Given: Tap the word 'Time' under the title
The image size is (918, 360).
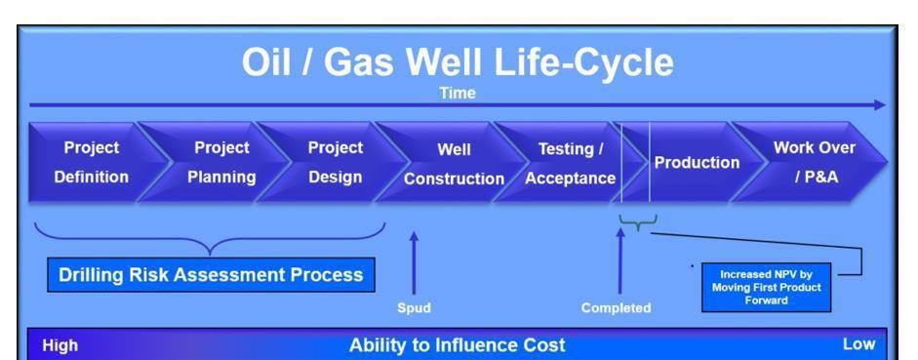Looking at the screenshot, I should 458,94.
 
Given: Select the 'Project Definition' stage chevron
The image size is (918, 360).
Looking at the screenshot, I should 91,162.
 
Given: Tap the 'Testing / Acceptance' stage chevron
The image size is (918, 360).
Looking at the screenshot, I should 571,163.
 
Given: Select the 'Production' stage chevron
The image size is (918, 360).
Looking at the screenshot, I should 696,162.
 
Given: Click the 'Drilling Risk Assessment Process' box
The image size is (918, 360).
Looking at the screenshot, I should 211,275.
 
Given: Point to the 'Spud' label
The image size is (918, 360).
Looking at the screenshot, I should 414,308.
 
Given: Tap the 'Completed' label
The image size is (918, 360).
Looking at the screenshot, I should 616,308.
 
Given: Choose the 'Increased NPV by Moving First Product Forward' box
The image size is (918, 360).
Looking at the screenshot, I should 765,287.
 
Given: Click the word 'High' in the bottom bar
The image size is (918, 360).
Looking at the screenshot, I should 60,344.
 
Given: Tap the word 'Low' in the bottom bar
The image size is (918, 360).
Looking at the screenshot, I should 858,344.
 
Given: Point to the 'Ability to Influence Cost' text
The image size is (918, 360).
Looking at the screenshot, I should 458,344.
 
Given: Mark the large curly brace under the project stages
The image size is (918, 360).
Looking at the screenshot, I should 210,239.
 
